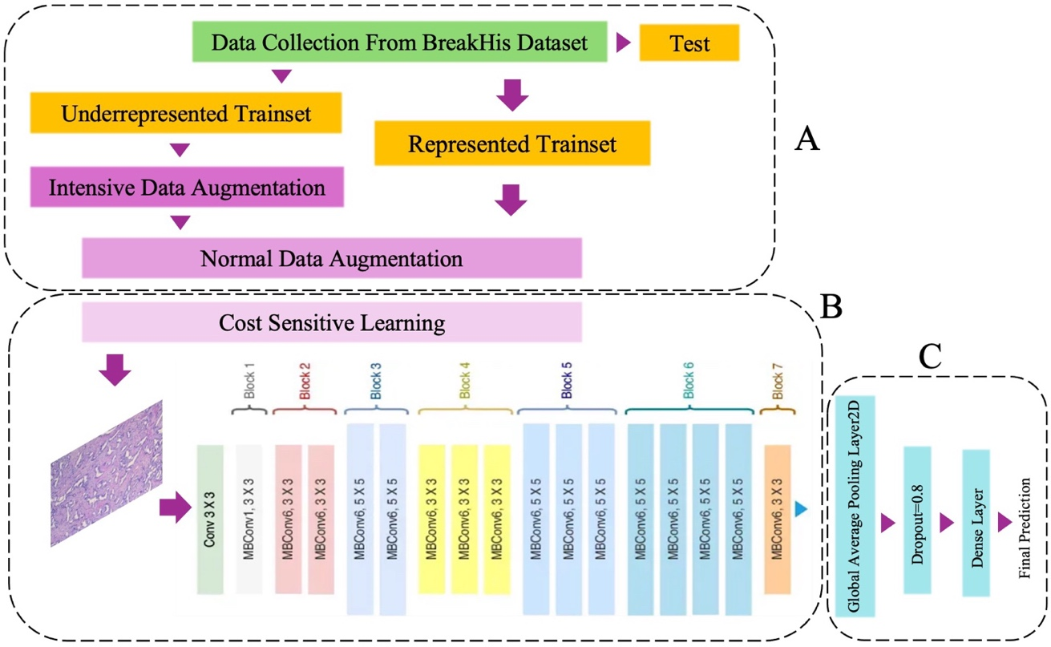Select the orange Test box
tap(689, 43)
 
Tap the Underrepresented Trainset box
tap(186, 113)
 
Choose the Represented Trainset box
tap(511, 144)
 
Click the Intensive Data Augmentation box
tap(187, 188)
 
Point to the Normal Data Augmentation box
tap(331, 258)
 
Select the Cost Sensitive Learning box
tap(331, 324)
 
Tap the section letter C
tap(930, 358)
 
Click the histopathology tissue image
tap(107, 473)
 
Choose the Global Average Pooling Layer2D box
tap(855, 505)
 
